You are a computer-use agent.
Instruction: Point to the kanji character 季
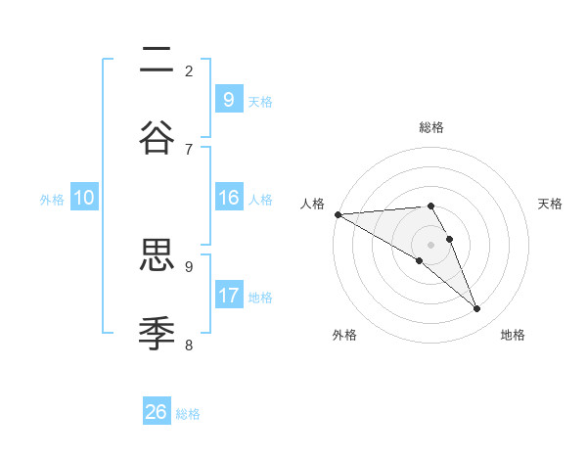pos(157,333)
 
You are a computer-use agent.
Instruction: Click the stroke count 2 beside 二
pos(189,70)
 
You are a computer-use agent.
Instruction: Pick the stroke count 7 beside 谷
pos(189,149)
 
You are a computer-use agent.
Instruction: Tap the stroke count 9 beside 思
pos(189,266)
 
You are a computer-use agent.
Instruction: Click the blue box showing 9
pos(228,100)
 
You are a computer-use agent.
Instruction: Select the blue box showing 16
pos(228,198)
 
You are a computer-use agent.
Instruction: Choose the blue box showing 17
pos(228,296)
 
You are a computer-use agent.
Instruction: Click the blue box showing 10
pos(84,198)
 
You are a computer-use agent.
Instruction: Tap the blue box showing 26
pos(156,412)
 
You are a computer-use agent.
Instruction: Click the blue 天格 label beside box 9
pos(260,101)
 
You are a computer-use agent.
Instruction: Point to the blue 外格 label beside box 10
pos(52,199)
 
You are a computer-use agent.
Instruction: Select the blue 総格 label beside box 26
pos(188,413)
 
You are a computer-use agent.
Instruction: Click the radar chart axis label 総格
pos(431,127)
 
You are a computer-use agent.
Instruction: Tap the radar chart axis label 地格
pos(513,335)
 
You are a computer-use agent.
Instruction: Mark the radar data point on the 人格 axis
pos(338,213)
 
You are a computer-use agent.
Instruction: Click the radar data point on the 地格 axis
pos(476,308)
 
